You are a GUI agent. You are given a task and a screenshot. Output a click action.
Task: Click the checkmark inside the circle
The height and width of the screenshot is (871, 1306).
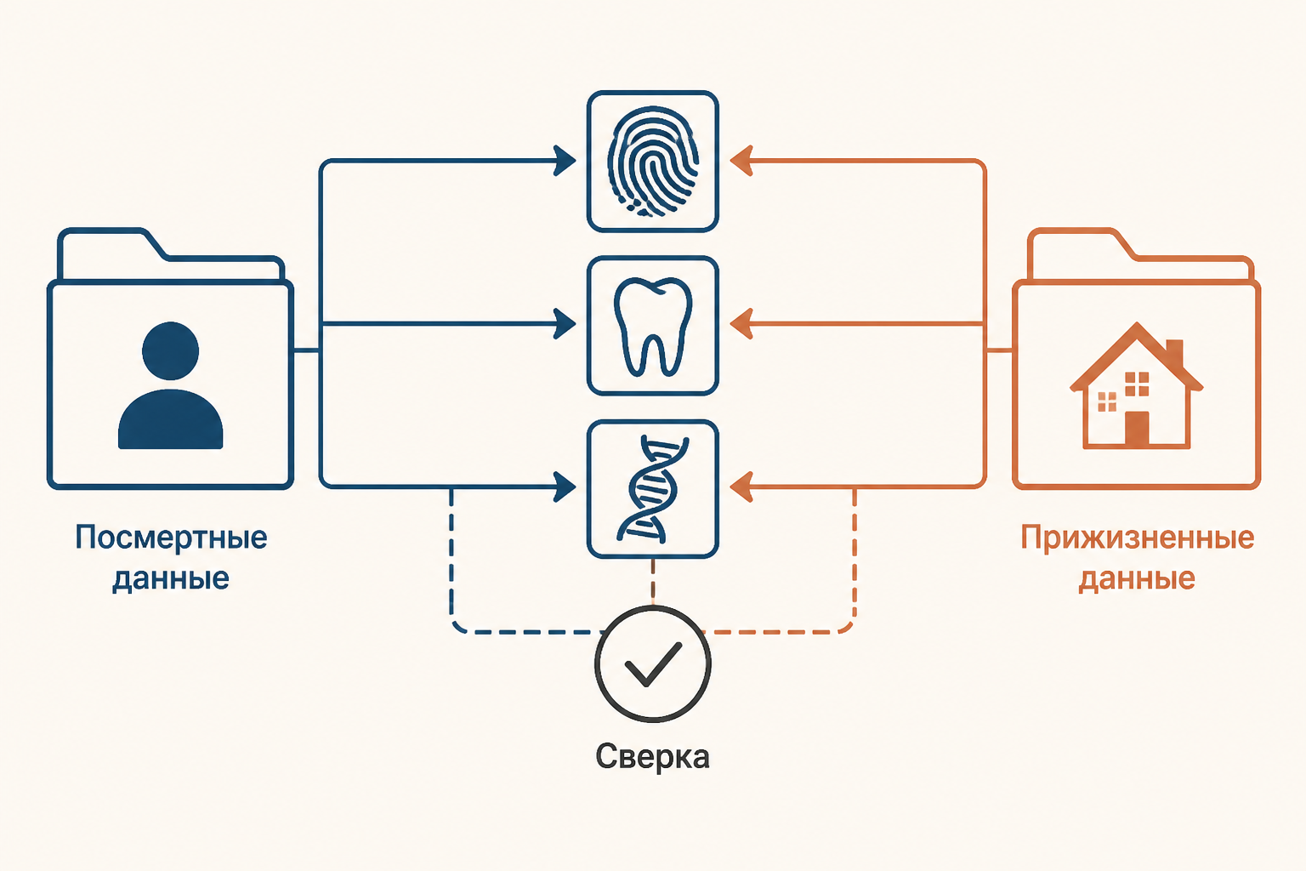tap(653, 665)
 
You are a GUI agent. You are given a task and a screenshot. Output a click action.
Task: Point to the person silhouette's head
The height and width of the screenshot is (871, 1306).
tap(170, 350)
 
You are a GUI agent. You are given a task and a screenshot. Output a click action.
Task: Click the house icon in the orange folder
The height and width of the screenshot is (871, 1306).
tap(1136, 385)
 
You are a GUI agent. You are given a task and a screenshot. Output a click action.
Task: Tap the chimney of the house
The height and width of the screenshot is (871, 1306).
tap(1174, 354)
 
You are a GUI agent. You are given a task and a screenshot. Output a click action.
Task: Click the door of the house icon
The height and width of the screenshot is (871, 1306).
tap(1137, 429)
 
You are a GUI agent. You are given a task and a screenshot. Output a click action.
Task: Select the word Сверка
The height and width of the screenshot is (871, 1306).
tap(652, 757)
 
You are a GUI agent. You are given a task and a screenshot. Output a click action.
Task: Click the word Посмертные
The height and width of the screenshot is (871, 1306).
tap(171, 538)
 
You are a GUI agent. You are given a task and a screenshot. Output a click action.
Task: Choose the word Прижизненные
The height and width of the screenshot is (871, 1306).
tap(1137, 538)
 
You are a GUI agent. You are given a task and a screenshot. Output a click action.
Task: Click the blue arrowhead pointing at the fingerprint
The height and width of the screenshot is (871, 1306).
tap(565, 161)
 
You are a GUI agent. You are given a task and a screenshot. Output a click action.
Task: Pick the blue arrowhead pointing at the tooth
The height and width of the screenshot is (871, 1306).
tap(565, 324)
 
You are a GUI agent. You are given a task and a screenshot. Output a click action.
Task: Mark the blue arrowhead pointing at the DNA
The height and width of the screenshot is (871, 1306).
tap(565, 487)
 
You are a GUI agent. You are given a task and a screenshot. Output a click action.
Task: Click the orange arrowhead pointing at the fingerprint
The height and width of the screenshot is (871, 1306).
tap(741, 161)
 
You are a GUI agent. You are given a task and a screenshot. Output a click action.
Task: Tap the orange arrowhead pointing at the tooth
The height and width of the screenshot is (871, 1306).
tap(741, 324)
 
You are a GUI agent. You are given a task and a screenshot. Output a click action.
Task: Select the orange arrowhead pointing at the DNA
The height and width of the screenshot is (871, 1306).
tap(741, 487)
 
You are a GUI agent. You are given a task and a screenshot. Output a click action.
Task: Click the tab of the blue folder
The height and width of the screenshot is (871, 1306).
tap(111, 245)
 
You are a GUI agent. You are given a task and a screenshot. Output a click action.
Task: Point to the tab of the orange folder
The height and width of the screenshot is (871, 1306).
tap(1079, 245)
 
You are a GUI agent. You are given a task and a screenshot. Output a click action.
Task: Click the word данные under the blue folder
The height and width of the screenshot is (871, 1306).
tap(171, 579)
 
